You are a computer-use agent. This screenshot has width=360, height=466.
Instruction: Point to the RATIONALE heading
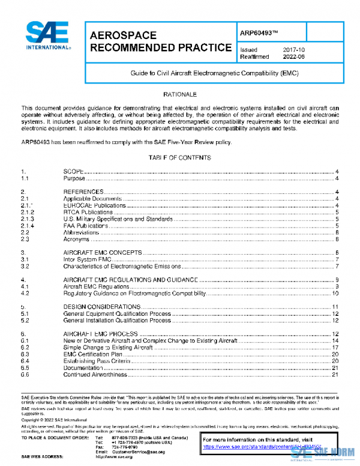pos(180,95)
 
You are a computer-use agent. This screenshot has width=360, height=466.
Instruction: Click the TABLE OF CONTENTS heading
pos(179,157)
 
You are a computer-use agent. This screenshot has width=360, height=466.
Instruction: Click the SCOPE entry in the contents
pos(74,171)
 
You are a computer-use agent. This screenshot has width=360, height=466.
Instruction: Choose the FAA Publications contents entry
pos(86,225)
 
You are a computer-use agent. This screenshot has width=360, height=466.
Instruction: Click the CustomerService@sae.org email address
pos(141,452)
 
